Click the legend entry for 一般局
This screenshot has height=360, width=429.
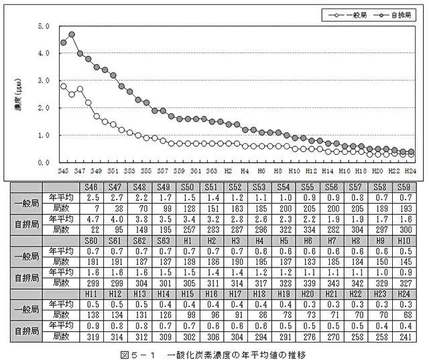tap(349, 13)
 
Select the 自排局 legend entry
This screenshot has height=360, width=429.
tap(396, 13)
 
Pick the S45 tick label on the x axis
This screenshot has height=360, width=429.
tap(63, 172)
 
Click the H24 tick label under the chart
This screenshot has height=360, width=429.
tap(411, 172)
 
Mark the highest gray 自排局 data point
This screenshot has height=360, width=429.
tap(72, 34)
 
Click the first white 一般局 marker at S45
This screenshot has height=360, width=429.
tap(63, 86)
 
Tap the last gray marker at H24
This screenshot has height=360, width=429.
tap(411, 152)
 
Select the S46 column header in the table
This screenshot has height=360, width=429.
tap(93, 187)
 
